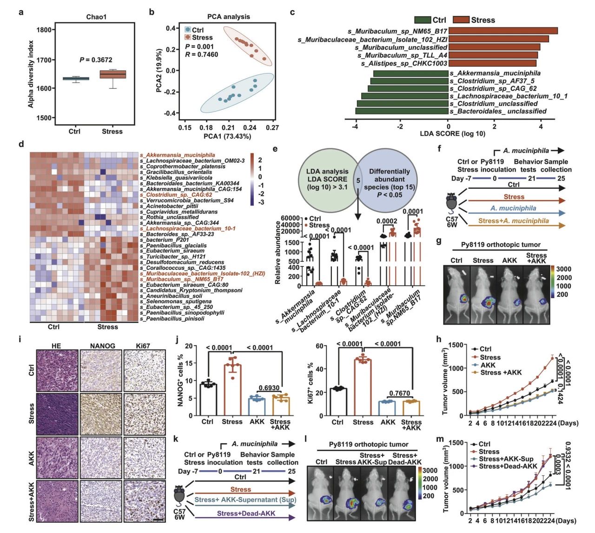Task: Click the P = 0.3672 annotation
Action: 96,60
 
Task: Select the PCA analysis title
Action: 228,17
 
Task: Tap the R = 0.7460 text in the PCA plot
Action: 201,54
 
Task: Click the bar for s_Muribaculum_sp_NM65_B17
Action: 503,31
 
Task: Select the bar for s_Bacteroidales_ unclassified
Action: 402,111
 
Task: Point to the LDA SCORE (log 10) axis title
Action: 452,133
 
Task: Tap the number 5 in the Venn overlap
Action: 358,180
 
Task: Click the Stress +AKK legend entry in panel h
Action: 501,373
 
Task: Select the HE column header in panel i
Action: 56,346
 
